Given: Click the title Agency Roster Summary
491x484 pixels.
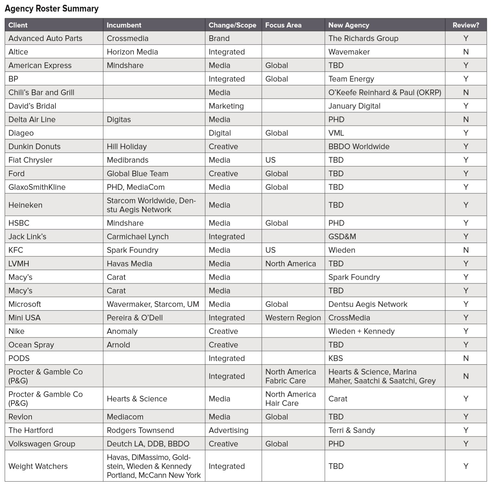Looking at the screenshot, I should click(x=52, y=9).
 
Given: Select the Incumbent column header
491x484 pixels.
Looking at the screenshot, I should click(x=124, y=25).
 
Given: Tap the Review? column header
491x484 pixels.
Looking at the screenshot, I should click(x=466, y=25).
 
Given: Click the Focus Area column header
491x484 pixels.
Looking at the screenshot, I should click(x=283, y=25).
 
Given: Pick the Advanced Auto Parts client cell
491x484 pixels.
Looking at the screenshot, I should click(x=45, y=38).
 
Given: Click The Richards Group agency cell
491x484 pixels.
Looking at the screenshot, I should click(x=363, y=38).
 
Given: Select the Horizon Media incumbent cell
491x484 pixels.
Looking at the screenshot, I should click(x=132, y=52).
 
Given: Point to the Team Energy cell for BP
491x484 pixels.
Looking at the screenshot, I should click(x=351, y=79).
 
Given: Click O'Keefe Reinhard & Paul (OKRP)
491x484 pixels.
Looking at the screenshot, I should click(x=385, y=92).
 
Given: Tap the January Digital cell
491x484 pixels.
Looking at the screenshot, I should click(x=354, y=106).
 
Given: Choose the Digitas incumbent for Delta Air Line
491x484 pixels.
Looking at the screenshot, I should click(x=119, y=120).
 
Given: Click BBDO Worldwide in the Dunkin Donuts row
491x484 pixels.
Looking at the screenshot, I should click(x=359, y=146).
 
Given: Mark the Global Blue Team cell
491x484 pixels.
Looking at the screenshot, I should click(x=137, y=174).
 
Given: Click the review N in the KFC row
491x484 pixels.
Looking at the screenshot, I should click(x=466, y=250).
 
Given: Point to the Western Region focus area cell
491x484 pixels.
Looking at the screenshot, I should click(x=293, y=318).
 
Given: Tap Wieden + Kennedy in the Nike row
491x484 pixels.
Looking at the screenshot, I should click(x=361, y=331).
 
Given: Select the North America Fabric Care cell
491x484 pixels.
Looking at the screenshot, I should click(x=290, y=376).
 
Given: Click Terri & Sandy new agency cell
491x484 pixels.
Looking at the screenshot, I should click(x=352, y=430).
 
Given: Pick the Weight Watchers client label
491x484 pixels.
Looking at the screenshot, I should click(x=38, y=466).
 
